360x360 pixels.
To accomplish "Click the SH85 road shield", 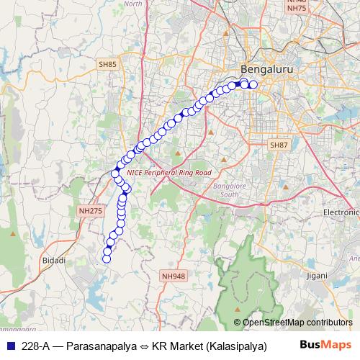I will point(107,65).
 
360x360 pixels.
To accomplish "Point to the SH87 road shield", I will point(279,145).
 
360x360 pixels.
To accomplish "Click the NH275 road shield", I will point(90,210).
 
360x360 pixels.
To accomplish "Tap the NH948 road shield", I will point(174,275).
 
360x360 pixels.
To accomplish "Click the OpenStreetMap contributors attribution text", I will point(297,323).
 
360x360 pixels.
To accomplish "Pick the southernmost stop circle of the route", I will point(107,258).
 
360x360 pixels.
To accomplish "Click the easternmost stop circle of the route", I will point(253,85).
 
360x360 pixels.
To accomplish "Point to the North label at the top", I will point(133,4).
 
